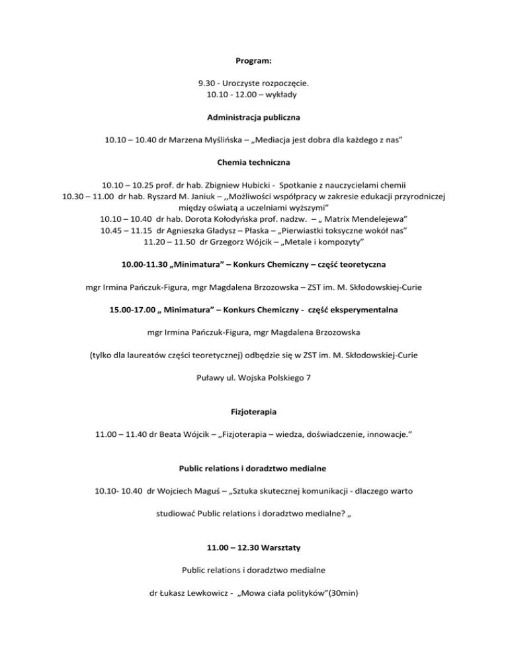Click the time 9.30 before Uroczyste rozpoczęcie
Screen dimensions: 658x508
pyautogui.click(x=208, y=84)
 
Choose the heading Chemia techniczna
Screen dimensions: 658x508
pyautogui.click(x=253, y=162)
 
